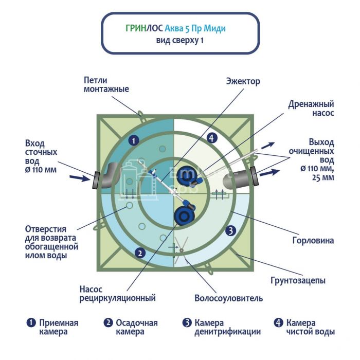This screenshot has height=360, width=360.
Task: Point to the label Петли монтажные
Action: pyautogui.click(x=106, y=84)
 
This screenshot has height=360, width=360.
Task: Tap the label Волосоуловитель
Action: pyautogui.click(x=228, y=298)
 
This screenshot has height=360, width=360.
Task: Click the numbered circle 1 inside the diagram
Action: pyautogui.click(x=133, y=139)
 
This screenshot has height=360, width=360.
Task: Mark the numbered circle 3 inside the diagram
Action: pyautogui.click(x=231, y=230)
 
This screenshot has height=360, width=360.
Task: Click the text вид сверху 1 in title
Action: pyautogui.click(x=179, y=41)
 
